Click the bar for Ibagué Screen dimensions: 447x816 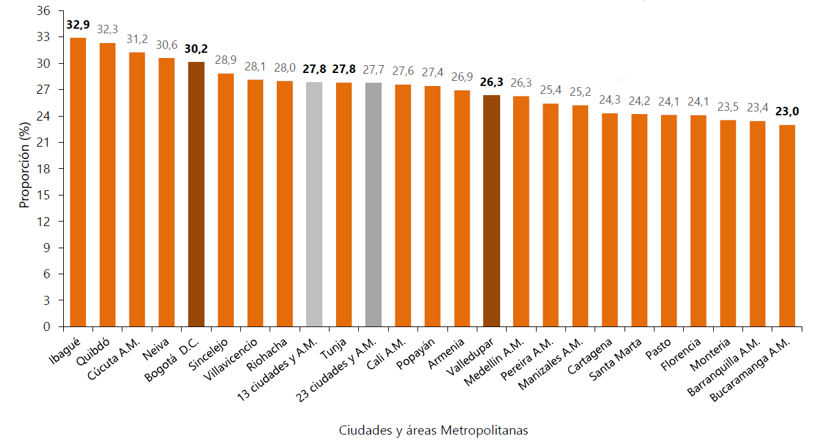77,182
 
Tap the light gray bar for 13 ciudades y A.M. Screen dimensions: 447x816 314,205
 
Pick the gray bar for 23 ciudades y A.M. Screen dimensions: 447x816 373,205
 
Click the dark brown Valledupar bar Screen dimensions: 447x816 492,211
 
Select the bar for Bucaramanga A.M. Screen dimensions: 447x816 787,225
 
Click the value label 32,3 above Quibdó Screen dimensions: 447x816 107,29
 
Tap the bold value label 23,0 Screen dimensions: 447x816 787,111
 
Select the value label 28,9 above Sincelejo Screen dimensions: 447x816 225,60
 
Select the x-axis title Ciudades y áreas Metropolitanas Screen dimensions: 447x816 434,431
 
